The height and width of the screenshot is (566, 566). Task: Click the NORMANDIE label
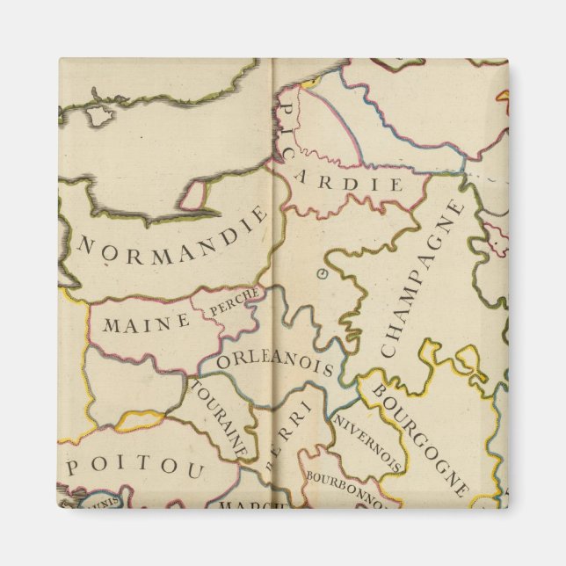[x=171, y=241]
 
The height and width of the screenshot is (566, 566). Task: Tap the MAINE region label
[x=146, y=323]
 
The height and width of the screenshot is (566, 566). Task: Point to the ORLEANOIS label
[x=273, y=362]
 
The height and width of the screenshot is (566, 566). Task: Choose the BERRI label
[x=287, y=428]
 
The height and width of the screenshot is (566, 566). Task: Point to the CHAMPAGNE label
[x=418, y=279]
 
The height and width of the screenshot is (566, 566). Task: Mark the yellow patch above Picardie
[x=309, y=85]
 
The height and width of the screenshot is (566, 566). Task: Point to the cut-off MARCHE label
[x=251, y=505]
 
